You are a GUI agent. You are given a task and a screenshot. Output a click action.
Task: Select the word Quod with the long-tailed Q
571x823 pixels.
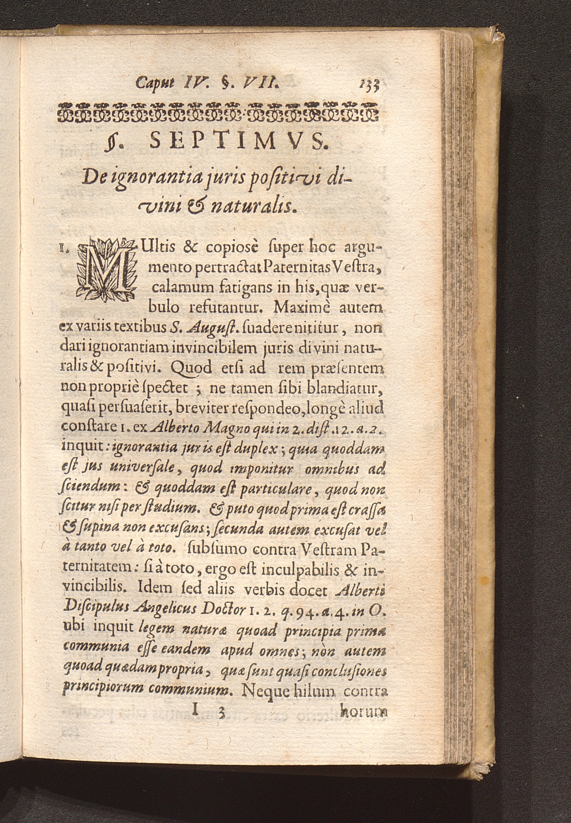pos(191,368)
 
